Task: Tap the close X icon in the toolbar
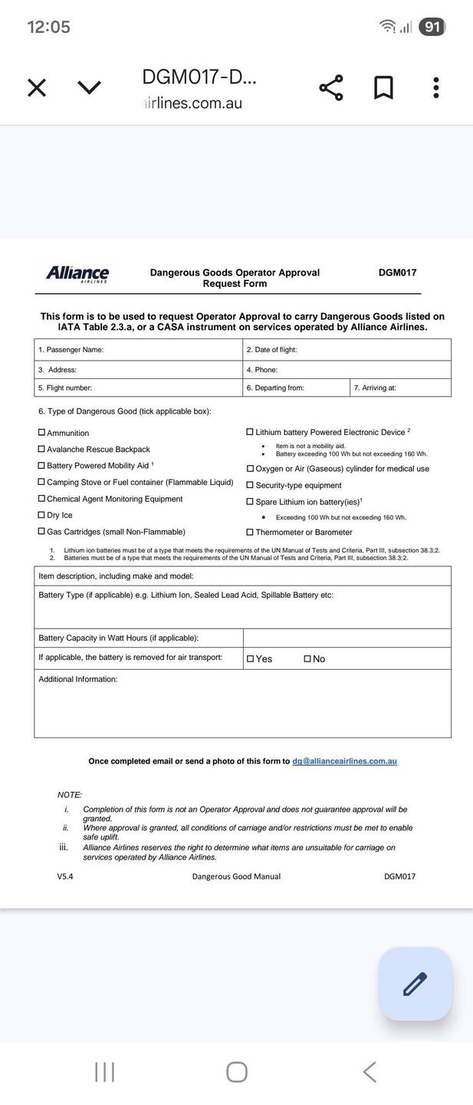[x=37, y=87]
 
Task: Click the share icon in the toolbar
[x=331, y=87]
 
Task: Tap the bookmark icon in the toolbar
[x=383, y=87]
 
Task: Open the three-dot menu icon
[x=435, y=87]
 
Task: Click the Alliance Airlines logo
[x=77, y=274]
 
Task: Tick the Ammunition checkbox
[x=41, y=433]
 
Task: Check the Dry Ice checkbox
[x=41, y=515]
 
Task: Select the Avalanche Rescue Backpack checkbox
[x=41, y=449]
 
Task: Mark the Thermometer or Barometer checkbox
[x=250, y=532]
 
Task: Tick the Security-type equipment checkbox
[x=250, y=485]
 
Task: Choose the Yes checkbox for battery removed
[x=250, y=658]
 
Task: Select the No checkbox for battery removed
[x=307, y=658]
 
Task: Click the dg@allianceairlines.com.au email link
[x=344, y=761]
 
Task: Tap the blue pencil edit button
[x=415, y=984]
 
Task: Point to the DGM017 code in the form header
[x=397, y=272]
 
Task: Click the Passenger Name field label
[x=71, y=350]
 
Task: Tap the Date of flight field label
[x=272, y=350]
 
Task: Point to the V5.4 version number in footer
[x=65, y=876]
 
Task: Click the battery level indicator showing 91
[x=432, y=27]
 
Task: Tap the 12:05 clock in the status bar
[x=49, y=27]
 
